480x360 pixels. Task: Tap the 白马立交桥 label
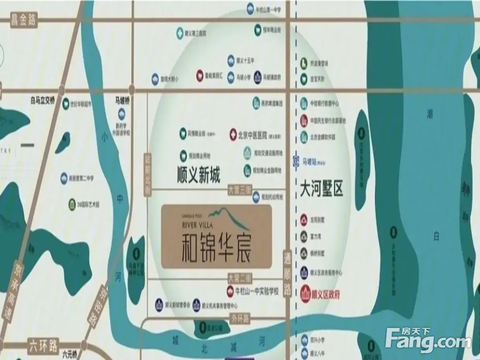click(x=43, y=100)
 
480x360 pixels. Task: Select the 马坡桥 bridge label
click(x=122, y=101)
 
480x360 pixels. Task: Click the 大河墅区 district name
click(x=321, y=188)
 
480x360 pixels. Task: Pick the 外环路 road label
click(x=240, y=318)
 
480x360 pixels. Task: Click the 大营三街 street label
click(x=240, y=190)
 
